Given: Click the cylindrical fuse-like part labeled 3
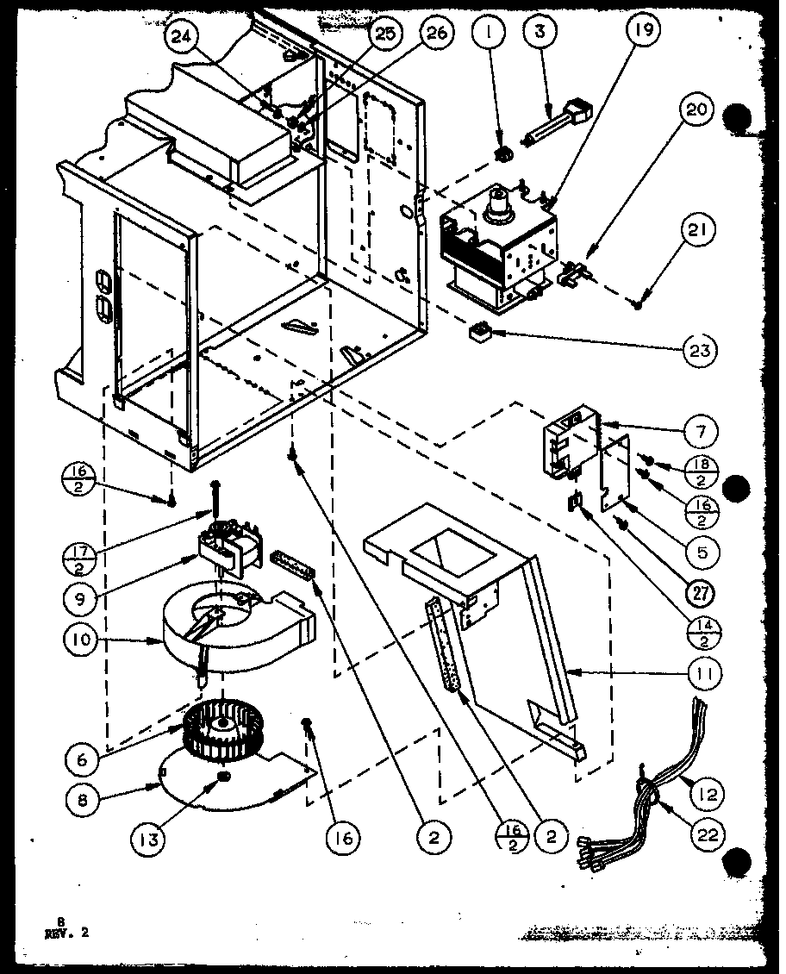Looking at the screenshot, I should point(553,123).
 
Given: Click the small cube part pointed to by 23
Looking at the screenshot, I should point(477,332).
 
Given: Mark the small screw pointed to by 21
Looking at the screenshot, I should point(639,302).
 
